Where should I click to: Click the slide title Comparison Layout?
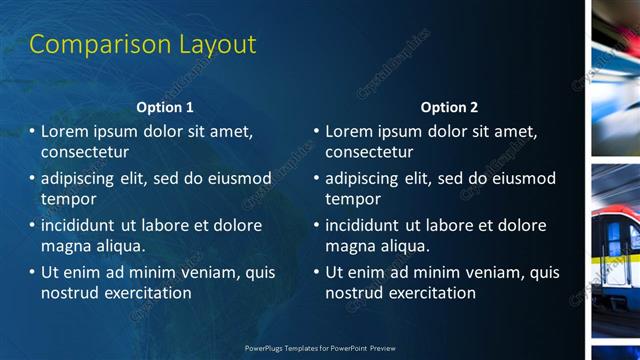(143, 45)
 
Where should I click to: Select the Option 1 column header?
(165, 107)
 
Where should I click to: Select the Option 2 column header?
(449, 107)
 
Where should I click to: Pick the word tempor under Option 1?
(67, 199)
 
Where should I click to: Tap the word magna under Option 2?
(350, 246)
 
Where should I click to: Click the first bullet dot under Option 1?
(32, 131)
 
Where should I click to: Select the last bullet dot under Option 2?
(316, 272)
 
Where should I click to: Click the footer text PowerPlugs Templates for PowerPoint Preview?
(320, 348)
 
